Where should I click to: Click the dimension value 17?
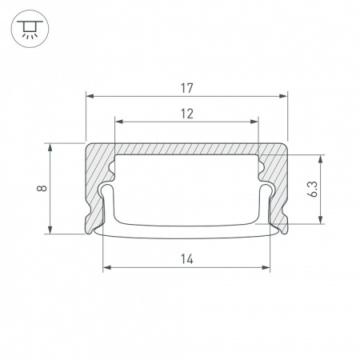186,88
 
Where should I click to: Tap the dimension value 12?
186,114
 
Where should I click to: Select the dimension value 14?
186,259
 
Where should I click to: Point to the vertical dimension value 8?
42,188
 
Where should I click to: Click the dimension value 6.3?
313,189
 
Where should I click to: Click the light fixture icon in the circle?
30,29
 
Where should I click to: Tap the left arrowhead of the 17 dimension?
90,96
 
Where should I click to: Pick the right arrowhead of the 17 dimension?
283,96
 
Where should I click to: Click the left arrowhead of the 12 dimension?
119,122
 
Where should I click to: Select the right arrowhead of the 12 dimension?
254,122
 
